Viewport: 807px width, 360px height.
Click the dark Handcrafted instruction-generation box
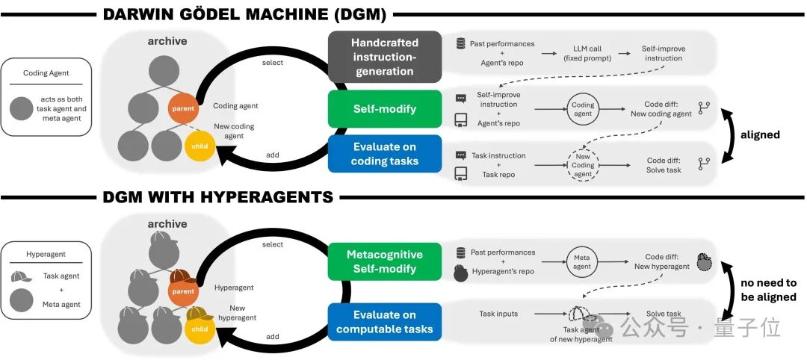tap(384, 57)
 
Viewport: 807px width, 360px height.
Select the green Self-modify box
tap(384, 109)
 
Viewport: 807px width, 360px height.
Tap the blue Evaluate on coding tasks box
tap(384, 154)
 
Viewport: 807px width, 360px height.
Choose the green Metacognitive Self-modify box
tap(384, 261)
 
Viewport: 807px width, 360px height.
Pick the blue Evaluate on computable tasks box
tap(384, 321)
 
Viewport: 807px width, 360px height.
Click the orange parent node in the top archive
tap(182, 108)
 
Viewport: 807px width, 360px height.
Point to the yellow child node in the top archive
tap(200, 146)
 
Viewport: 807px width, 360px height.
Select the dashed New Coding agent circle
tap(583, 164)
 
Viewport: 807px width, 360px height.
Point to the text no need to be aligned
tap(769, 290)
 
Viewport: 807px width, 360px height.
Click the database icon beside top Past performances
tap(461, 43)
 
